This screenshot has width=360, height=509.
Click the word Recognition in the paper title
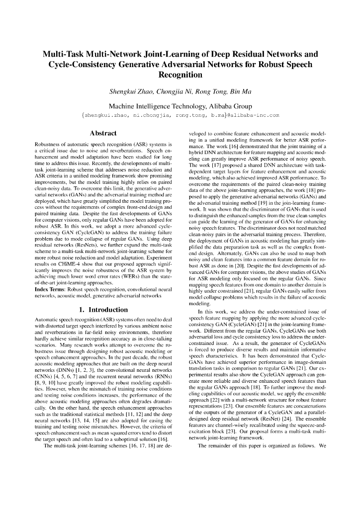tap(180, 75)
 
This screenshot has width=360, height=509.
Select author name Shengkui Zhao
tap(130, 92)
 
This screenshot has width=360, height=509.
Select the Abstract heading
tap(102, 133)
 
